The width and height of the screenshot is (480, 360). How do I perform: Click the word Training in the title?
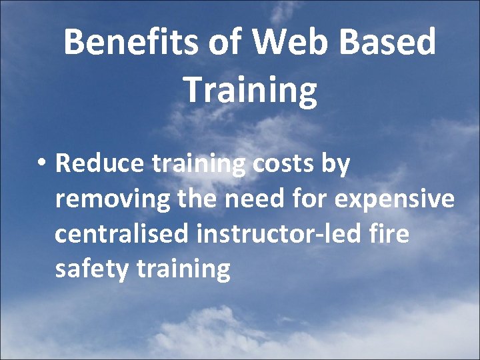coord(250,91)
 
